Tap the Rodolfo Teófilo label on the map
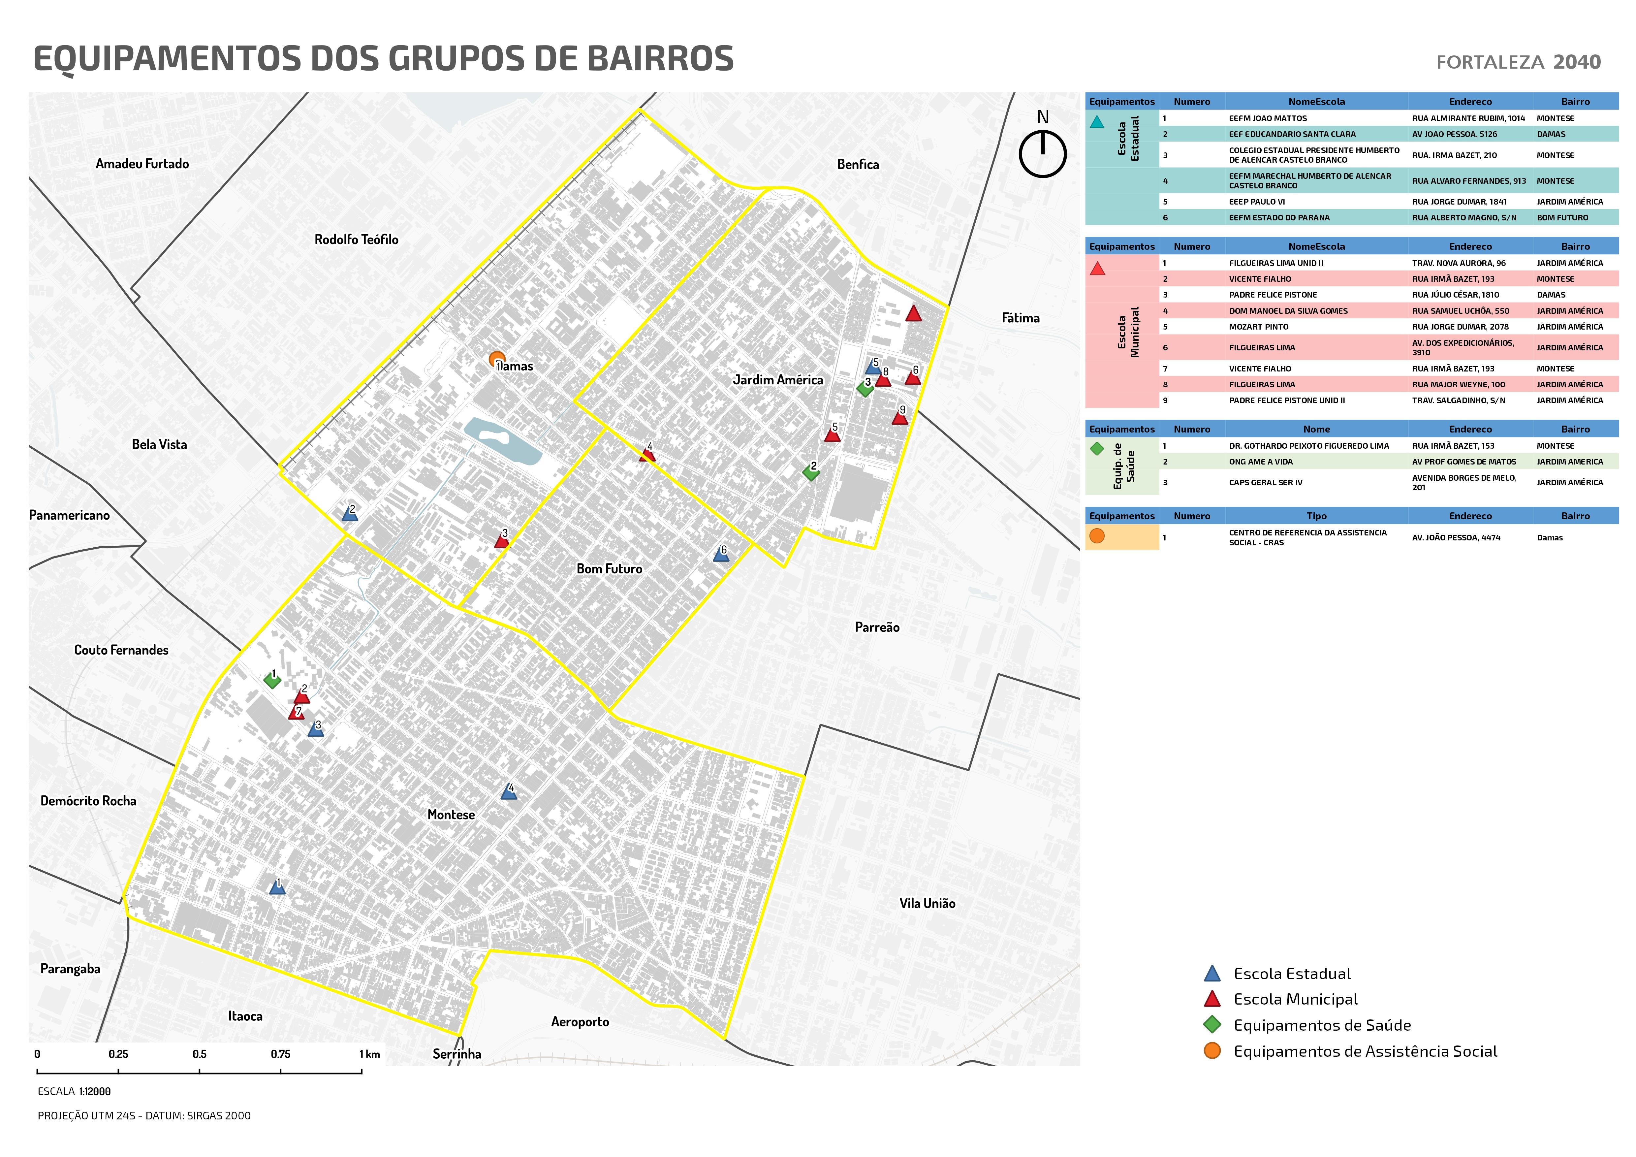pos(356,240)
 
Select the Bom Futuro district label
pos(609,569)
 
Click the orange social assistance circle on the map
pos(497,360)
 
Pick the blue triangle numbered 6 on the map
pos(721,554)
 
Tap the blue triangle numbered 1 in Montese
pos(277,887)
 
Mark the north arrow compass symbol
pos(1042,152)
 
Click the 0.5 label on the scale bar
pos(200,1054)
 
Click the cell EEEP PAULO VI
pos(1256,202)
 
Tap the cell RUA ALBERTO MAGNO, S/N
pos(1463,217)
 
